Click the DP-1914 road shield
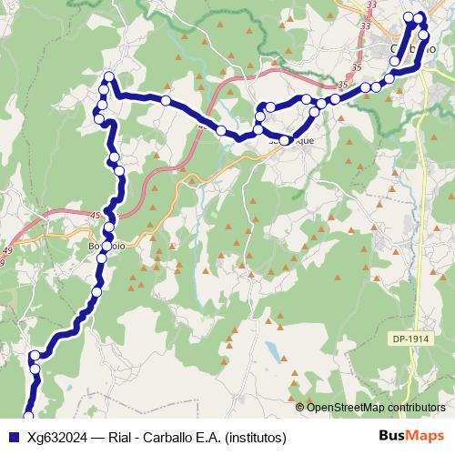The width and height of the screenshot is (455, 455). click(412, 338)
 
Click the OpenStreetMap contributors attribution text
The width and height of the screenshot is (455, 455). click(375, 407)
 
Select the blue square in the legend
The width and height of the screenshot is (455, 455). click(11, 437)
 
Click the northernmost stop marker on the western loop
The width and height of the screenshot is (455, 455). click(109, 76)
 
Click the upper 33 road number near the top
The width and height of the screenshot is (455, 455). click(370, 5)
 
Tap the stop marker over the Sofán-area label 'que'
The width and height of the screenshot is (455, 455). click(287, 140)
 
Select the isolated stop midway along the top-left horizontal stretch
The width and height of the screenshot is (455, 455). click(166, 100)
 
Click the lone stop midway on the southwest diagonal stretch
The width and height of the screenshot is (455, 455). click(96, 292)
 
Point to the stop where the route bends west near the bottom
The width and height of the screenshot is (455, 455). click(35, 356)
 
